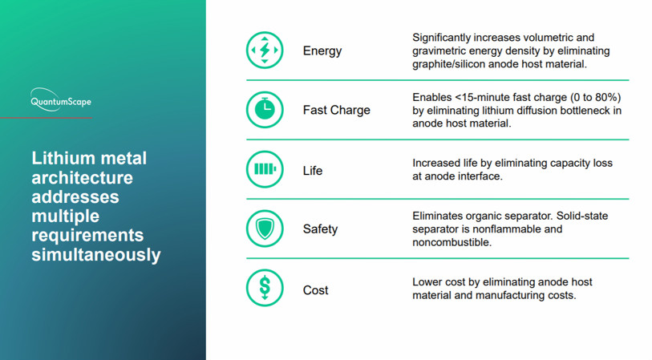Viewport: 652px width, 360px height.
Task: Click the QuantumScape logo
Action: (x=61, y=99)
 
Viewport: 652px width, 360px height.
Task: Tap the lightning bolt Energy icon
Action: (x=265, y=51)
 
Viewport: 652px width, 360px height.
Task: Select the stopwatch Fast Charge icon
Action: (x=265, y=110)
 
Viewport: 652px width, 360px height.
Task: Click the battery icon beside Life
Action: (x=265, y=169)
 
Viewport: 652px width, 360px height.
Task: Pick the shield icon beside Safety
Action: (x=265, y=229)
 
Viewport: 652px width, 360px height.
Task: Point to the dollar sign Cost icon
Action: (x=265, y=288)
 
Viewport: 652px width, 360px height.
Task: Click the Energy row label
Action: (x=322, y=51)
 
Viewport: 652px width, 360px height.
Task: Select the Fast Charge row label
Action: (x=336, y=110)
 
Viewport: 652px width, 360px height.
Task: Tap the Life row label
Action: (x=313, y=171)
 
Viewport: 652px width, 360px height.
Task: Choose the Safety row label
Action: (x=320, y=229)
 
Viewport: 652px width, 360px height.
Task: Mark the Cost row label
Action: (x=316, y=290)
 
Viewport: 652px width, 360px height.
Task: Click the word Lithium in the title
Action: (x=63, y=158)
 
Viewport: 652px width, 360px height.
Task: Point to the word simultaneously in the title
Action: (x=96, y=255)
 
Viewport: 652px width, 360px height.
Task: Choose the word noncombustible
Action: (x=452, y=242)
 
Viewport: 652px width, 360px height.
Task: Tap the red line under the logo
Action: (x=47, y=118)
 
